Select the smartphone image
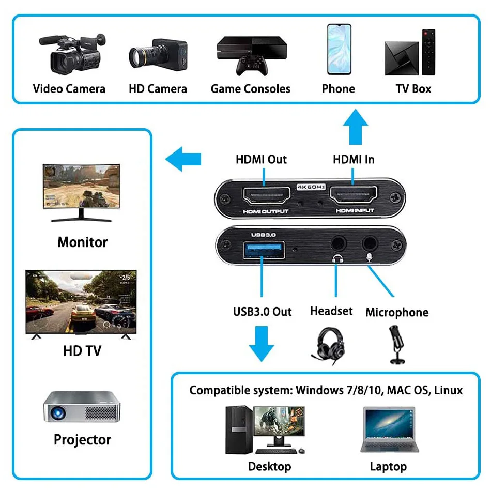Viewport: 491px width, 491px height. coord(339,50)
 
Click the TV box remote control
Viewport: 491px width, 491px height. coord(429,52)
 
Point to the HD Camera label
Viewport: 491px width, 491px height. coord(158,89)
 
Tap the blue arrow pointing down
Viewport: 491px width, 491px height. coord(262,344)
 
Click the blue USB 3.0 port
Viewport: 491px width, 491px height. coord(262,247)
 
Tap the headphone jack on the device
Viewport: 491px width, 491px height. coord(339,242)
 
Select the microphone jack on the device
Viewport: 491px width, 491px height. coord(370,242)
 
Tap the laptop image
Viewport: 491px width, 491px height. coord(389,431)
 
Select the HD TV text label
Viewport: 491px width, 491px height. coord(82,351)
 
